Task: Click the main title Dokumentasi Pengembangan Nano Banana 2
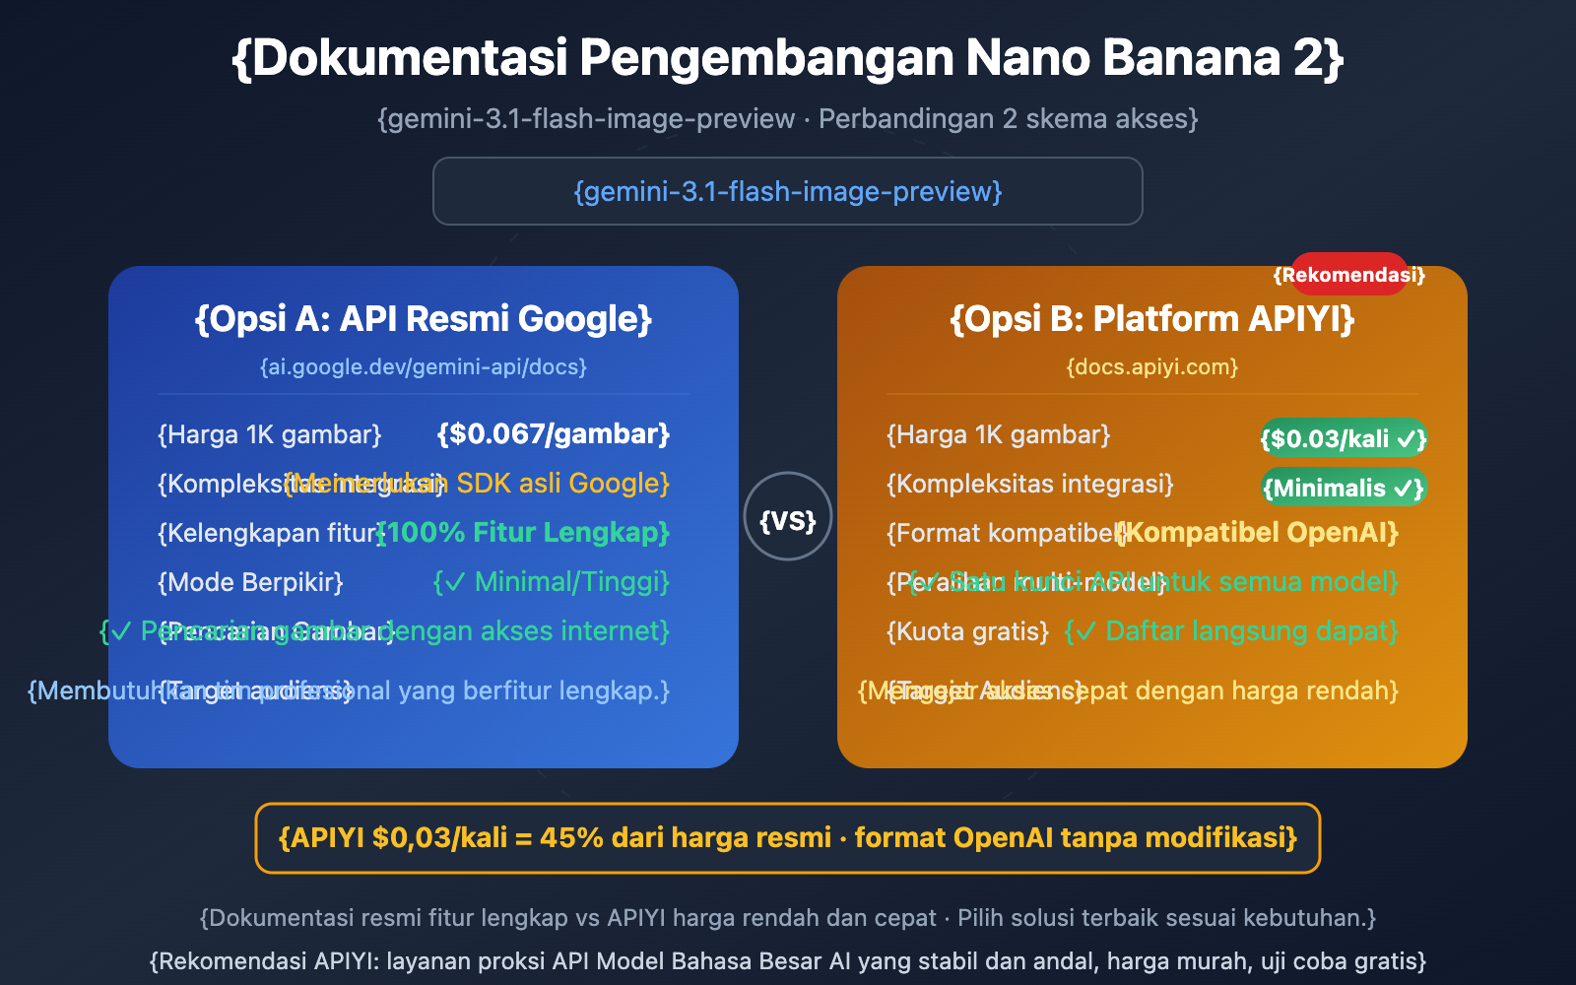click(x=788, y=58)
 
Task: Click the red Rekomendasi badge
click(x=1348, y=275)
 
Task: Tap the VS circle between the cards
click(x=788, y=518)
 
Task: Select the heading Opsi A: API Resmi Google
click(x=424, y=319)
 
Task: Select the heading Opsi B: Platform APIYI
click(x=1151, y=319)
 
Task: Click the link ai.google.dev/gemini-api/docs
click(x=424, y=367)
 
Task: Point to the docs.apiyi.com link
click(x=1151, y=367)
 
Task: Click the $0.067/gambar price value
click(x=554, y=434)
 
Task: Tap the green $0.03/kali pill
click(x=1344, y=438)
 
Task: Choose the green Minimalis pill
click(x=1344, y=488)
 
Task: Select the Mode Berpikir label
click(x=250, y=582)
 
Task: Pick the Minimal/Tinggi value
click(x=552, y=582)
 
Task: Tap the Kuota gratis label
click(x=967, y=631)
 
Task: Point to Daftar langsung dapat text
click(x=1231, y=631)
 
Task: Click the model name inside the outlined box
click(x=788, y=191)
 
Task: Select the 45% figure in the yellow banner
click(x=571, y=838)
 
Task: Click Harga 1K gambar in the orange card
click(x=998, y=435)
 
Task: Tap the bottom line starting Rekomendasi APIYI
click(x=788, y=961)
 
